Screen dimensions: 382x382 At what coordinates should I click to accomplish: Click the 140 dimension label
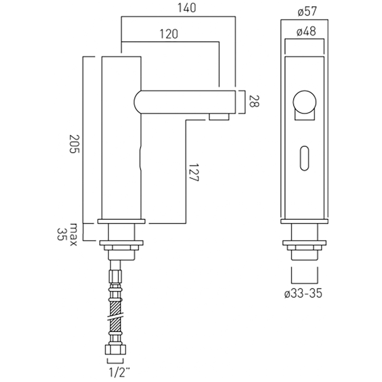pyautogui.click(x=187, y=8)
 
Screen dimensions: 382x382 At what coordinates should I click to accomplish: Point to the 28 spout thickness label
pyautogui.click(x=254, y=102)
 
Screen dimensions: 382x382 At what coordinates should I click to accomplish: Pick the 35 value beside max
pyautogui.click(x=62, y=233)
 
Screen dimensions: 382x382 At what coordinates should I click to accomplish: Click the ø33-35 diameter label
pyautogui.click(x=303, y=293)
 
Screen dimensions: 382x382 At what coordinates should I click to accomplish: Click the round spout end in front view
pyautogui.click(x=304, y=102)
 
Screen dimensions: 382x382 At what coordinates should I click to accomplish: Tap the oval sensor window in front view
pyautogui.click(x=304, y=157)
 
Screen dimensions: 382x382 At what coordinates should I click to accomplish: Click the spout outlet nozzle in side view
pyautogui.click(x=219, y=117)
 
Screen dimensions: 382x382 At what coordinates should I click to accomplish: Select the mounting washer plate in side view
pyautogui.click(x=121, y=243)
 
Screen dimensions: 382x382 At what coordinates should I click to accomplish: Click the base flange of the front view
pyautogui.click(x=304, y=221)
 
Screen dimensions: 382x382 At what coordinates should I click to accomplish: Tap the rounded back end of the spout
pyautogui.click(x=138, y=102)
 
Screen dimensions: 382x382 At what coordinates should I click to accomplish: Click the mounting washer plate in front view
pyautogui.click(x=304, y=243)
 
